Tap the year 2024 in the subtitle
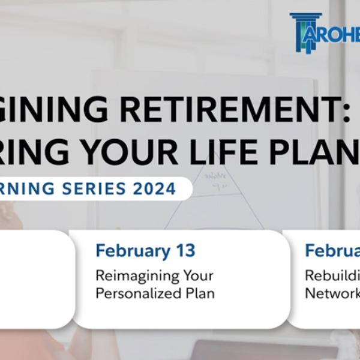[154, 188]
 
